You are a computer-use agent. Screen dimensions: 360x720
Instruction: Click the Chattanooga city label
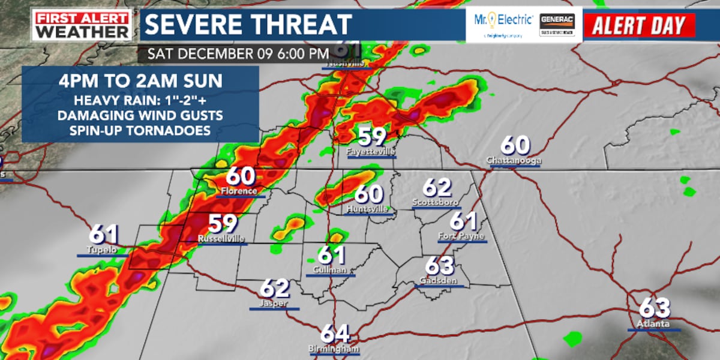[x=514, y=161]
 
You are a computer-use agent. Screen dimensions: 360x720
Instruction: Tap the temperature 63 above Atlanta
[x=654, y=308]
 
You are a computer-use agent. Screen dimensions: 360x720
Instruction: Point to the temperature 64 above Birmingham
[x=335, y=334]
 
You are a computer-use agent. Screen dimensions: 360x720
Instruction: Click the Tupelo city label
[x=100, y=250]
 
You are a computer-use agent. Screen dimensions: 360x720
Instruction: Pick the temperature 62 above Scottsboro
[x=436, y=188]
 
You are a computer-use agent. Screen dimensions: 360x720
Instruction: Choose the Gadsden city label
[x=440, y=280]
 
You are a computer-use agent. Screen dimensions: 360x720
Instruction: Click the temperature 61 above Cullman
[x=331, y=255]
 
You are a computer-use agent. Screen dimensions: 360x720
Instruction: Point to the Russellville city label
[x=221, y=239]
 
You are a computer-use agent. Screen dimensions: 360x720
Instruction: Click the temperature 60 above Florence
[x=241, y=176]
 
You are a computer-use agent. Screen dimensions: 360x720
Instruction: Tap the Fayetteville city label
[x=371, y=152]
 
